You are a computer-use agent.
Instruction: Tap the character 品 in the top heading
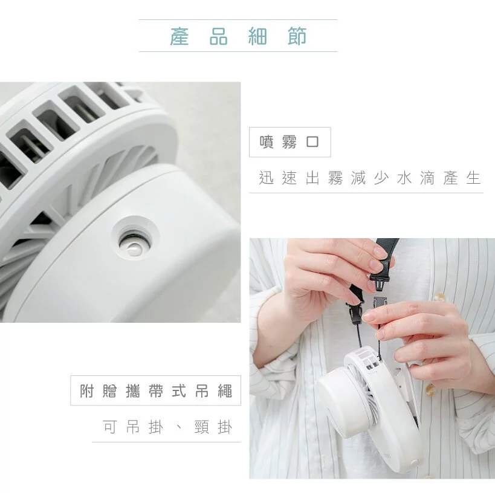[x=218, y=36]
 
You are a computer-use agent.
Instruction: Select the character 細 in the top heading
[x=258, y=36]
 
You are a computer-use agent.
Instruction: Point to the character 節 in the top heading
[x=297, y=36]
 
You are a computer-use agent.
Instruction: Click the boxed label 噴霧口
[x=290, y=142]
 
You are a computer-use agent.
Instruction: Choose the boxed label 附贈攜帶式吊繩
[x=155, y=390]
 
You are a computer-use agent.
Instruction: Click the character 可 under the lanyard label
[x=109, y=427]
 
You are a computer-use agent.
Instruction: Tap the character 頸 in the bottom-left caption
[x=201, y=427]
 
